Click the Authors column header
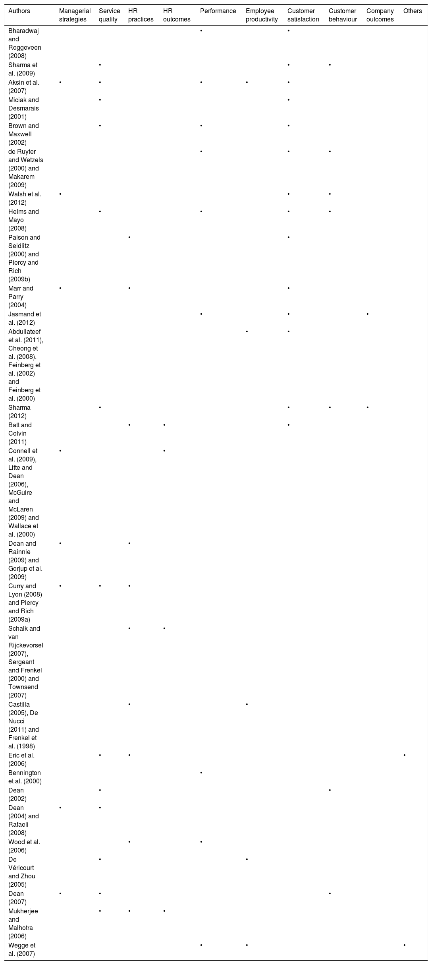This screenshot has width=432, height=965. pos(19,11)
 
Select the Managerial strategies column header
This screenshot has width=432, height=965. pos(75,15)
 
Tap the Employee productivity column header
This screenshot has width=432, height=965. pos(262,15)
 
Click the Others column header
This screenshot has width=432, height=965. pos(413,11)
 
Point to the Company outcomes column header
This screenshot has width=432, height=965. pos(380,15)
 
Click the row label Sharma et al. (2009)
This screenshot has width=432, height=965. pos(23,69)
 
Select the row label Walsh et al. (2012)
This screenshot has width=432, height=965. pos(25,198)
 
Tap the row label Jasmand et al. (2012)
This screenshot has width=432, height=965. pos(25,318)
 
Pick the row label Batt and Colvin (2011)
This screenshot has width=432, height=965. pos(20,433)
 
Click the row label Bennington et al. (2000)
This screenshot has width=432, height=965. pos(25,777)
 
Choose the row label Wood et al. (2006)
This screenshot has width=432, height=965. pos(23,846)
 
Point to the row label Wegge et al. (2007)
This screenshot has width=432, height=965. pos(22,949)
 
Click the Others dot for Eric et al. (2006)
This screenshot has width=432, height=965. pos(404,755)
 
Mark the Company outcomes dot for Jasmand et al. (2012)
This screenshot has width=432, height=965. pos(368,314)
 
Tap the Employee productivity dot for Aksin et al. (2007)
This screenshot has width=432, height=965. pos(247,82)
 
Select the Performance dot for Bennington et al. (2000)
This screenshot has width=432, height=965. pos(201,773)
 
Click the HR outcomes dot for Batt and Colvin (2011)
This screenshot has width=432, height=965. pos(164,425)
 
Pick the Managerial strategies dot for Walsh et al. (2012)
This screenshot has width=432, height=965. pos(60,194)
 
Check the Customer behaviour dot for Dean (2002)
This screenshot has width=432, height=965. pos(330,790)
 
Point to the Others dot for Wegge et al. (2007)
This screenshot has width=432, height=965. pos(404,945)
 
